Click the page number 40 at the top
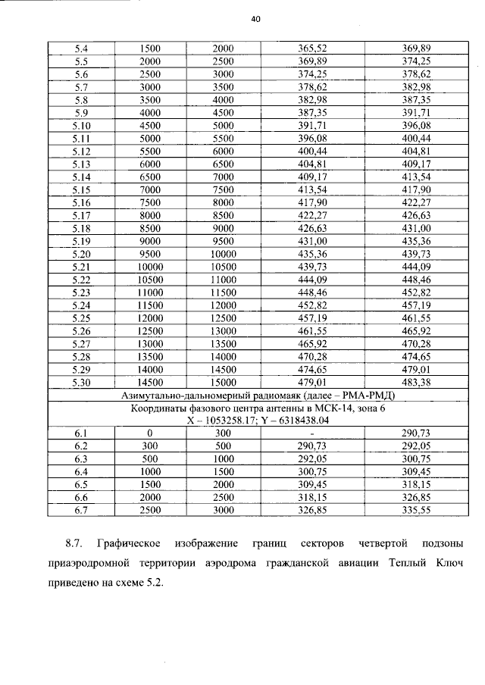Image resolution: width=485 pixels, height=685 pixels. tap(255, 20)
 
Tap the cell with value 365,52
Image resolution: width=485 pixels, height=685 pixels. tap(312, 48)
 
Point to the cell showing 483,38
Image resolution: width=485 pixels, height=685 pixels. tap(416, 383)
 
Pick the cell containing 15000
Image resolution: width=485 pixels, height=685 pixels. tap(223, 383)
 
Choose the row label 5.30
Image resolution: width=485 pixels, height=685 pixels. tap(82, 383)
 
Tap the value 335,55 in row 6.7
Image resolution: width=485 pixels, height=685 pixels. tap(416, 511)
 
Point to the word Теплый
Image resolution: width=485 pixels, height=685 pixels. tap(386, 564)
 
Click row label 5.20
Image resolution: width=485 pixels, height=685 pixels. tap(82, 254)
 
